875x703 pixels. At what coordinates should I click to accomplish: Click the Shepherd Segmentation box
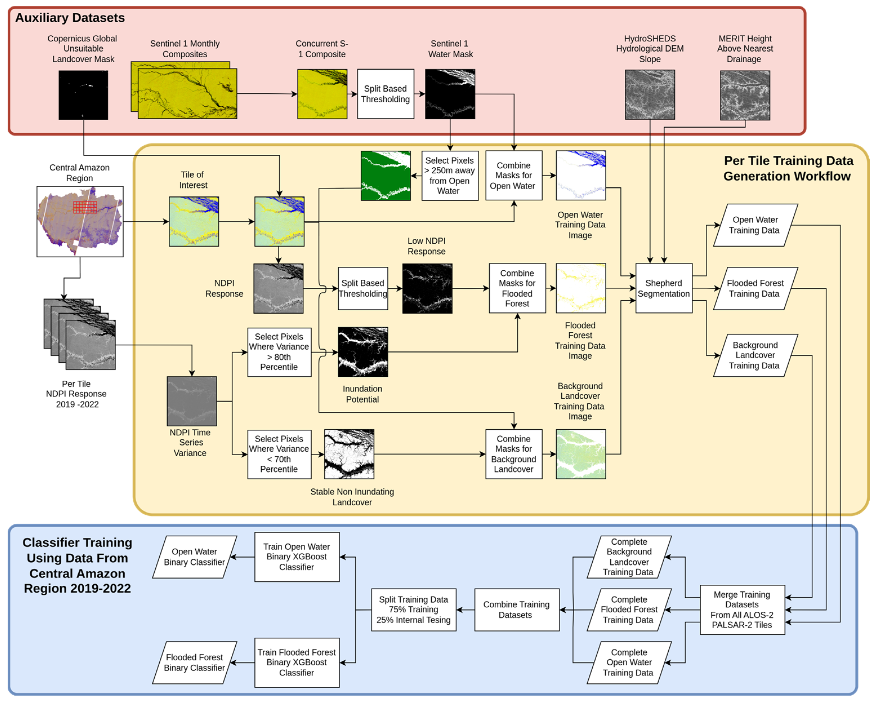664,288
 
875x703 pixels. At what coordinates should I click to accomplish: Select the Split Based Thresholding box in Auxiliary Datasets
385,94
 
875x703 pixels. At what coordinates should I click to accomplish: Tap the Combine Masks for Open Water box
514,176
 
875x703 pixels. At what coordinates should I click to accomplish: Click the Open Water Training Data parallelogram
755,225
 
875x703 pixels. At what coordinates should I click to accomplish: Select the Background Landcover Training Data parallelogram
755,355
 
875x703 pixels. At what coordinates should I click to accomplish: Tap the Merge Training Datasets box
742,609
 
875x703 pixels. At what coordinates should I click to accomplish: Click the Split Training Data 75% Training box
413,609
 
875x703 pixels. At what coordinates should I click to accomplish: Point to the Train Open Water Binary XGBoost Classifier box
297,556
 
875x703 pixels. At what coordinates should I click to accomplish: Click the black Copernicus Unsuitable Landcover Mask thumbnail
83,95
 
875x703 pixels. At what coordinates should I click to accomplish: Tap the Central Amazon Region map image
80,221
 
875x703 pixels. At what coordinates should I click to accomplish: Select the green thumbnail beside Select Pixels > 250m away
385,176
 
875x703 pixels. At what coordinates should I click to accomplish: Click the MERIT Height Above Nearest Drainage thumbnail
745,95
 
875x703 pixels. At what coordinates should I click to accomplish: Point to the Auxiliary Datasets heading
70,18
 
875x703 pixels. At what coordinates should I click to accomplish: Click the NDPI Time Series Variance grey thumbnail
191,401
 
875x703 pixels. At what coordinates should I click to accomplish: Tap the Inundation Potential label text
362,394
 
